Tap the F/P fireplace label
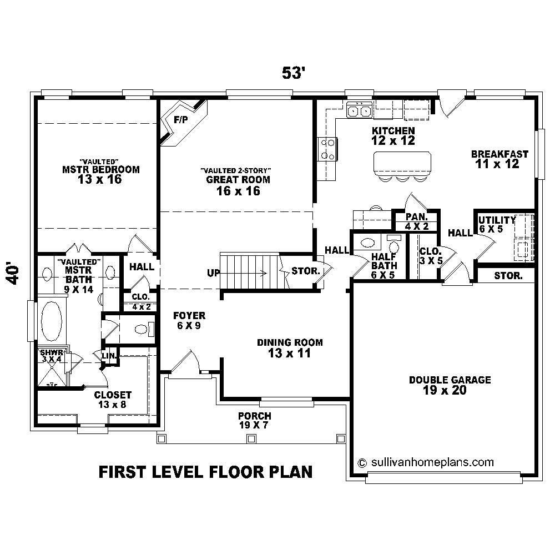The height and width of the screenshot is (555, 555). [x=180, y=119]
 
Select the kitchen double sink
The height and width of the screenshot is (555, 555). [x=359, y=112]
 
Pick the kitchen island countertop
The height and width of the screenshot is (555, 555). [x=402, y=162]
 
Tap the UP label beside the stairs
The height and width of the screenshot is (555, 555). [x=213, y=273]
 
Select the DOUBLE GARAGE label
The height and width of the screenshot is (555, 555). [x=450, y=380]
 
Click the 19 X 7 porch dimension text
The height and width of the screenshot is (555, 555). [x=254, y=425]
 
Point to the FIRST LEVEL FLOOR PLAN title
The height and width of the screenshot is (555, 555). [x=205, y=472]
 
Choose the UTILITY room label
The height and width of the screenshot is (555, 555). [x=497, y=220]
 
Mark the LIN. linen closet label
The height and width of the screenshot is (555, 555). [x=108, y=355]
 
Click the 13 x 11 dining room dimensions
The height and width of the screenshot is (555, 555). [x=289, y=353]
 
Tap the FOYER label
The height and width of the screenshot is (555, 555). [x=189, y=316]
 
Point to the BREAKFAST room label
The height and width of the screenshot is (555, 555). [x=500, y=154]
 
